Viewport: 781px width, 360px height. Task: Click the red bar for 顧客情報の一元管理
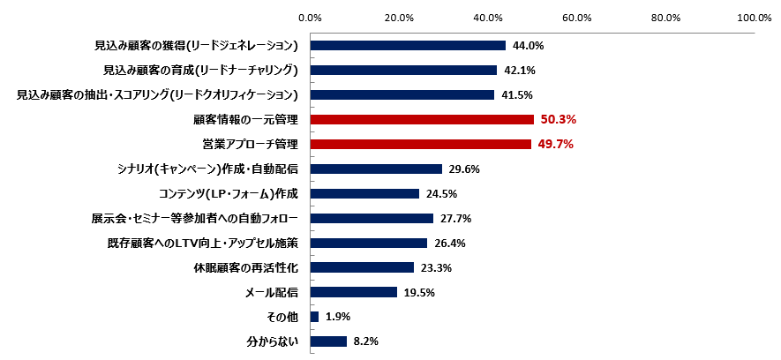(422, 120)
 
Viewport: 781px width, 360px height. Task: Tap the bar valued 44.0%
(408, 46)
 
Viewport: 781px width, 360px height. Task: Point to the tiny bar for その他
(314, 317)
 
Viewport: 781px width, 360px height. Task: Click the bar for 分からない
(328, 341)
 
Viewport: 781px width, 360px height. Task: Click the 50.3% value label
(557, 120)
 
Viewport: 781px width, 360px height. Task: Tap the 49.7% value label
(554, 144)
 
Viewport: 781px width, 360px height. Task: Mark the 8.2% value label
(366, 341)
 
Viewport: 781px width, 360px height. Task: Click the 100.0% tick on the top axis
(754, 17)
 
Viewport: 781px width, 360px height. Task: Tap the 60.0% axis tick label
(576, 17)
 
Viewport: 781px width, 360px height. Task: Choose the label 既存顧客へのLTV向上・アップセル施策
(200, 243)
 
